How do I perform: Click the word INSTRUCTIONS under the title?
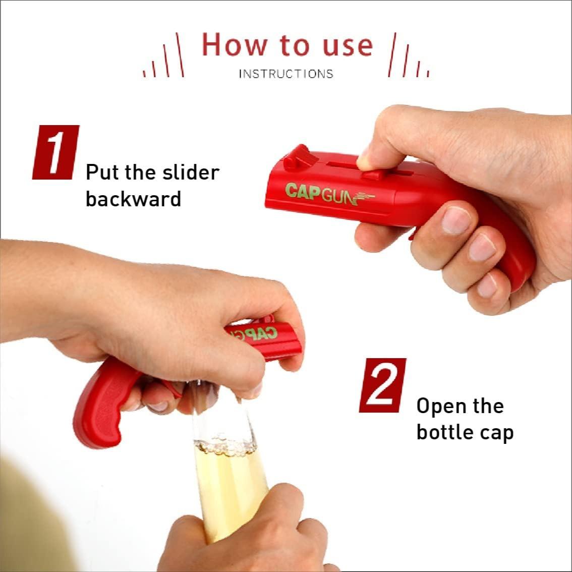click(x=285, y=74)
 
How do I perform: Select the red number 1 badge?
click(x=55, y=152)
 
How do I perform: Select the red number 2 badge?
click(x=382, y=385)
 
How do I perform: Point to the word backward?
click(x=133, y=199)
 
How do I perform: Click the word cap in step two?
click(x=496, y=433)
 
